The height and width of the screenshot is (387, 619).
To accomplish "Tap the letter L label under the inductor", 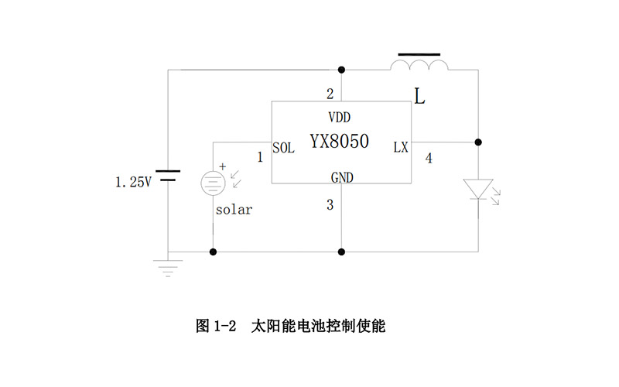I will [x=419, y=97].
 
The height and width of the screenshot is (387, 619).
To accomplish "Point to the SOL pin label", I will [x=283, y=148].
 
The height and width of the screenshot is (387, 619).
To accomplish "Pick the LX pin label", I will [x=400, y=147].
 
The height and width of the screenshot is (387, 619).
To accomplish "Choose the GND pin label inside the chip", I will [x=341, y=177].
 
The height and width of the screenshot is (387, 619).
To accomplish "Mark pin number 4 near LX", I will [x=429, y=159].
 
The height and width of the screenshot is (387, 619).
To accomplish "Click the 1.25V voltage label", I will [x=133, y=183].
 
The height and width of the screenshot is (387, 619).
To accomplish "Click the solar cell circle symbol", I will [x=213, y=183].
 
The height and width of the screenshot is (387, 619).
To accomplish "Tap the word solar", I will [x=234, y=210].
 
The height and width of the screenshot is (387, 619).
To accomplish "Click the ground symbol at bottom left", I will [x=168, y=266].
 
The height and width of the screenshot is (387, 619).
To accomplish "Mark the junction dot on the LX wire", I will [x=478, y=142].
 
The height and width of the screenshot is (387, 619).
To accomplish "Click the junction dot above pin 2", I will [x=341, y=70].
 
